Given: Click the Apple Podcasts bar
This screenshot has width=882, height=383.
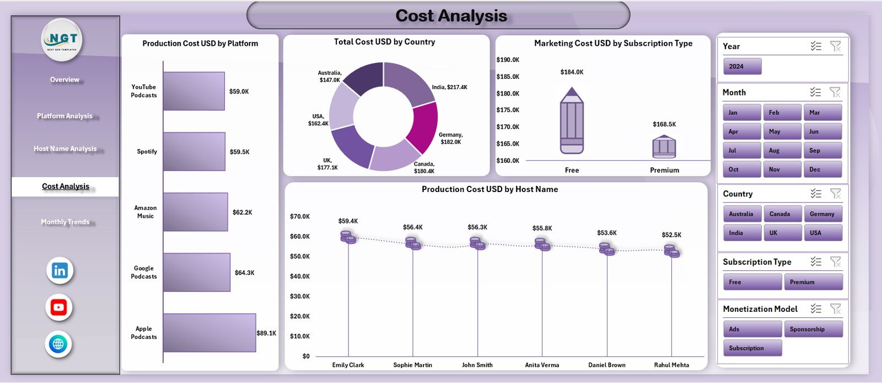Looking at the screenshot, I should click(209, 333).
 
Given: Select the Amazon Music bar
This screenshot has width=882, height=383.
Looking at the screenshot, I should click(195, 212).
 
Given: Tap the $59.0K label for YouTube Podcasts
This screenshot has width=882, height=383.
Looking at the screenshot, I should click(239, 92).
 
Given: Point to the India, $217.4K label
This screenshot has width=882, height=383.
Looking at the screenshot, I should click(449, 87).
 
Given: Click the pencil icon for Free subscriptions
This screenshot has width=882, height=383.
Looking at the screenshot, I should click(572, 121).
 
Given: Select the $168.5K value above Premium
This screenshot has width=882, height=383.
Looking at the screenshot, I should click(664, 125).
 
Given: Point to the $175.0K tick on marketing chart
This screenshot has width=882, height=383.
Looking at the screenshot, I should click(508, 110).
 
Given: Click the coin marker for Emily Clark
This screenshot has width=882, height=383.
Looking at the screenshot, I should click(348, 237).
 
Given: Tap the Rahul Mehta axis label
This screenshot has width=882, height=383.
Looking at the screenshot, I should click(671, 365).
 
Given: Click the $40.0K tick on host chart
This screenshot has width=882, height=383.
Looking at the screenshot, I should click(300, 276).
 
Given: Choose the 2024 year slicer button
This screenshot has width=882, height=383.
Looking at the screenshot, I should click(742, 66).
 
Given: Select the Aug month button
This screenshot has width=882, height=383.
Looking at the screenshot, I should click(782, 151).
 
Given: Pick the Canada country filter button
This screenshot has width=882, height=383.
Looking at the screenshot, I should click(782, 214).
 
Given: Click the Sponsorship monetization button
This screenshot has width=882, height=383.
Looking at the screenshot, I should click(813, 329).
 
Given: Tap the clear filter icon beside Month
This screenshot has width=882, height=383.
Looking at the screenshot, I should click(835, 92).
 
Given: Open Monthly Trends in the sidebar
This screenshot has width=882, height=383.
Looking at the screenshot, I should click(65, 222).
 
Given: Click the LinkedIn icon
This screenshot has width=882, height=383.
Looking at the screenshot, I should click(60, 270).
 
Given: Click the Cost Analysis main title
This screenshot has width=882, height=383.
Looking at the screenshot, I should click(451, 16).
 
